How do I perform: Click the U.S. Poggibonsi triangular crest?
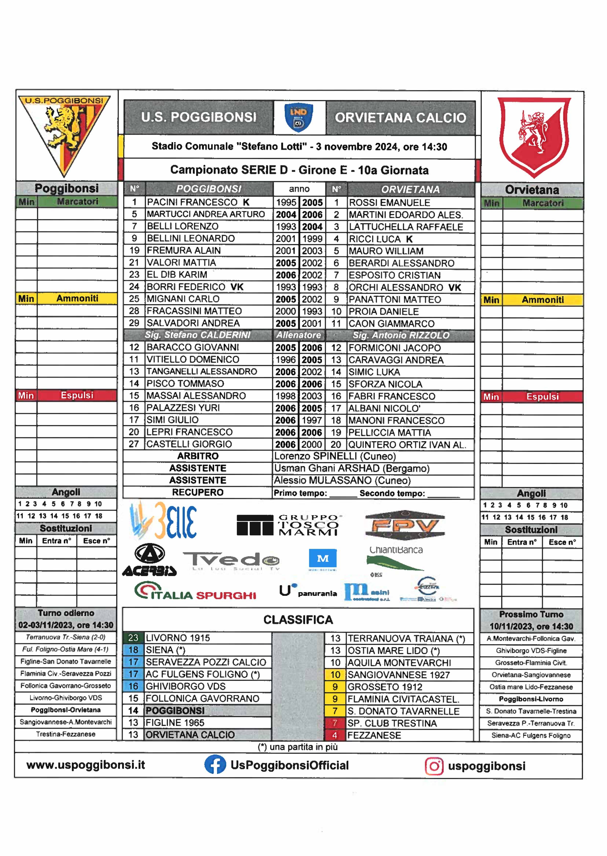point(64,134)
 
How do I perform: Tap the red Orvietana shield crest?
point(533,136)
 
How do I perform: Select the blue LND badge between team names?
point(299,117)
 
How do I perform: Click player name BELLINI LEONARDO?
point(191,238)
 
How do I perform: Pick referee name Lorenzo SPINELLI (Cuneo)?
point(335,456)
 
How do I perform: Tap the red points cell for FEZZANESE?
point(335,735)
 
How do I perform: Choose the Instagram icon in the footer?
point(434,766)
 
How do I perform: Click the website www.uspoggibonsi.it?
point(86,764)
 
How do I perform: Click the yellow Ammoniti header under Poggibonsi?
point(77,299)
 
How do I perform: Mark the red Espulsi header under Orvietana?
point(542,397)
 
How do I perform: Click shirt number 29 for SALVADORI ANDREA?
point(134,323)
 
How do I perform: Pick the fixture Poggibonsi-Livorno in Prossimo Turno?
point(531,699)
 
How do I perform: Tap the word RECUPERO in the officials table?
point(198,492)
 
